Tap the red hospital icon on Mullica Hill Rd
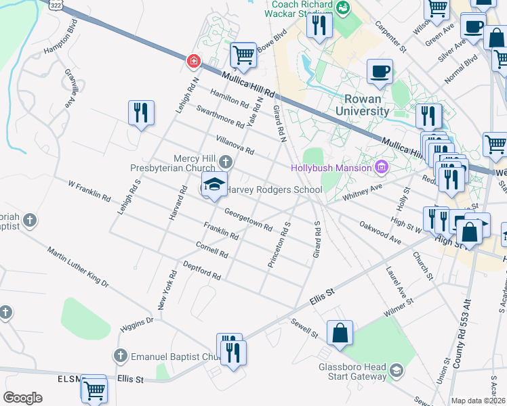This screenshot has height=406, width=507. point(194,62)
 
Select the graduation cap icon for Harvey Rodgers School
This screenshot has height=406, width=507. point(214,185)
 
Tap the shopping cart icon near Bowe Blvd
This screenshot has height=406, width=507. point(243,55)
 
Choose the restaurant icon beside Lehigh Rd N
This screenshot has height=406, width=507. point(141,112)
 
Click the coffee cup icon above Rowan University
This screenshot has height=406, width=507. point(380,70)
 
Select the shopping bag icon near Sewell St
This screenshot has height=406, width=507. point(340,333)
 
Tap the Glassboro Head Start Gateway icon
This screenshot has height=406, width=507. point(396,370)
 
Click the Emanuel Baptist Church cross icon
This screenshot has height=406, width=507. point(120,356)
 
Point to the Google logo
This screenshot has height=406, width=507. point(22,398)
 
